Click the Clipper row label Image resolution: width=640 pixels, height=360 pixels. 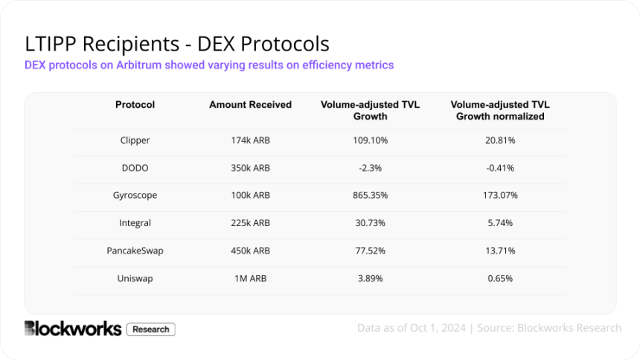click(135, 140)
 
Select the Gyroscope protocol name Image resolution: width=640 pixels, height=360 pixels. click(135, 195)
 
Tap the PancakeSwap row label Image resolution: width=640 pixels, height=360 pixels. click(135, 251)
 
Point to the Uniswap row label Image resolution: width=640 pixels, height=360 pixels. click(135, 278)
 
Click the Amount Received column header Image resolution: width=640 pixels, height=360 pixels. click(250, 105)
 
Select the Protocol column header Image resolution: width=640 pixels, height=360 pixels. click(135, 105)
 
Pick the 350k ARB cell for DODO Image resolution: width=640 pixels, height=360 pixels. click(250, 167)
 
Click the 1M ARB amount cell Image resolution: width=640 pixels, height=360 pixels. click(250, 278)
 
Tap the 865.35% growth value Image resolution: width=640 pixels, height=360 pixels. click(370, 195)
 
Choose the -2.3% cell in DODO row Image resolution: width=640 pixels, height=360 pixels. click(370, 167)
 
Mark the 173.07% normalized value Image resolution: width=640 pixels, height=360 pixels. click(500, 195)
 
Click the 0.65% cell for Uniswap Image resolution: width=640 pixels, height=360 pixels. click(500, 278)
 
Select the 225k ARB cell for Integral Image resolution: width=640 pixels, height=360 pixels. click(250, 222)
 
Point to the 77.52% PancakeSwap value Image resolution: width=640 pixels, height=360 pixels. click(370, 251)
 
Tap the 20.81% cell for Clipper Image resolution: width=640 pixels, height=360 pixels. click(500, 140)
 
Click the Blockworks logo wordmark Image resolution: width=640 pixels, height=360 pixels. click(72, 328)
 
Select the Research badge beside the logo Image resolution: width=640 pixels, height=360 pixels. click(151, 329)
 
